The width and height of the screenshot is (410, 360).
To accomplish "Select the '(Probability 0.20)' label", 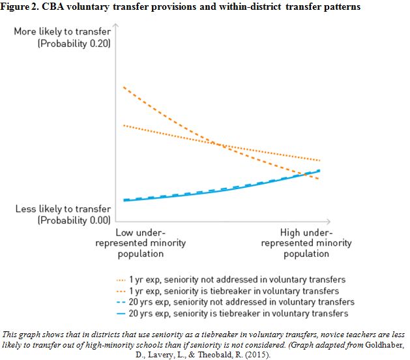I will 74,44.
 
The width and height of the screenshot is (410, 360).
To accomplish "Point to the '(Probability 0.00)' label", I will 74,220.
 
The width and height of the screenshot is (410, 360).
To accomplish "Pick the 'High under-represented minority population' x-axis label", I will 306,243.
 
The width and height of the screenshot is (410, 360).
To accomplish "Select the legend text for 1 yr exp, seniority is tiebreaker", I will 234,291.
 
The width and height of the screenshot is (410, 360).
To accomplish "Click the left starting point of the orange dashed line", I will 123,87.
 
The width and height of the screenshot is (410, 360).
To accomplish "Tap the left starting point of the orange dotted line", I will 123,125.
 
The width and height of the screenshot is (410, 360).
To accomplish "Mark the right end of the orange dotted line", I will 319,160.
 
